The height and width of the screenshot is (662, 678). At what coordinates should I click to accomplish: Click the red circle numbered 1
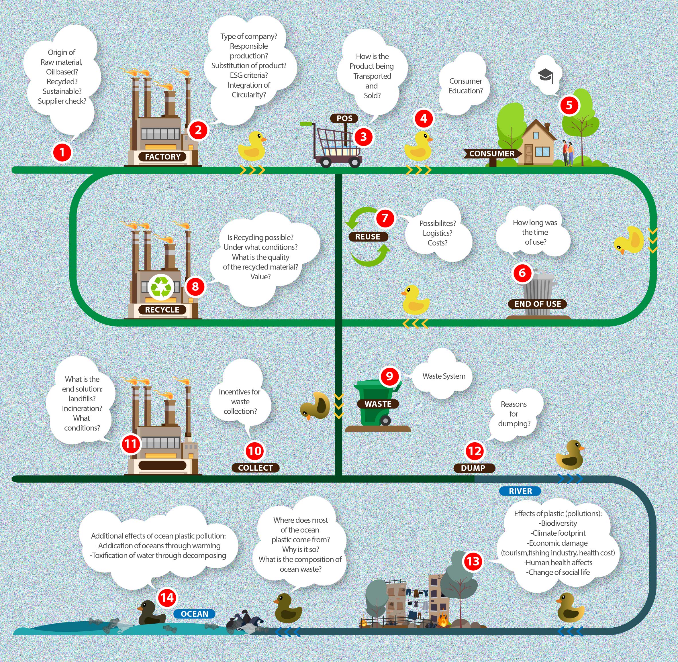click(x=62, y=152)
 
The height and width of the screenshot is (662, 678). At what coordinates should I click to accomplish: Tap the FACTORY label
click(x=162, y=157)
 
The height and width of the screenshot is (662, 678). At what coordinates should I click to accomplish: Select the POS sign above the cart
click(x=344, y=118)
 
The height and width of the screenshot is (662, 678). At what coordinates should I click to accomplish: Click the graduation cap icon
click(x=545, y=75)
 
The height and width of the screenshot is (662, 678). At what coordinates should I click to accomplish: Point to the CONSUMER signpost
click(x=491, y=154)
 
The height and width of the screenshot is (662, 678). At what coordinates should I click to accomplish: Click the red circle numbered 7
click(x=385, y=218)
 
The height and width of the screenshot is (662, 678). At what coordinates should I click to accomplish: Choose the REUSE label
click(x=368, y=237)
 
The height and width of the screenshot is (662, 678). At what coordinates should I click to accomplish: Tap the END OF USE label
click(x=538, y=304)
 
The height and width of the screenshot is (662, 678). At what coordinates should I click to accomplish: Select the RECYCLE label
click(x=162, y=309)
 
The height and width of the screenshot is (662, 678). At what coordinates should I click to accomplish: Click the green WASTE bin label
click(x=378, y=404)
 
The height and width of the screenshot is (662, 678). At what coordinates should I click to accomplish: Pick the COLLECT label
click(x=255, y=468)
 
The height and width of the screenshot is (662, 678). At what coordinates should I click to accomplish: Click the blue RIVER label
click(x=520, y=491)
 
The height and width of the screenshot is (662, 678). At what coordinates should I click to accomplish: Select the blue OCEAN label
click(x=194, y=614)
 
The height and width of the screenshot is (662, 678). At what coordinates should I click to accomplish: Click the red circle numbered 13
click(x=473, y=561)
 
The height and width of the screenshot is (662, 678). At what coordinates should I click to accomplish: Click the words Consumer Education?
click(x=465, y=86)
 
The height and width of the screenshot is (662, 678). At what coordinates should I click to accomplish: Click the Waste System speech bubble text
click(x=444, y=376)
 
